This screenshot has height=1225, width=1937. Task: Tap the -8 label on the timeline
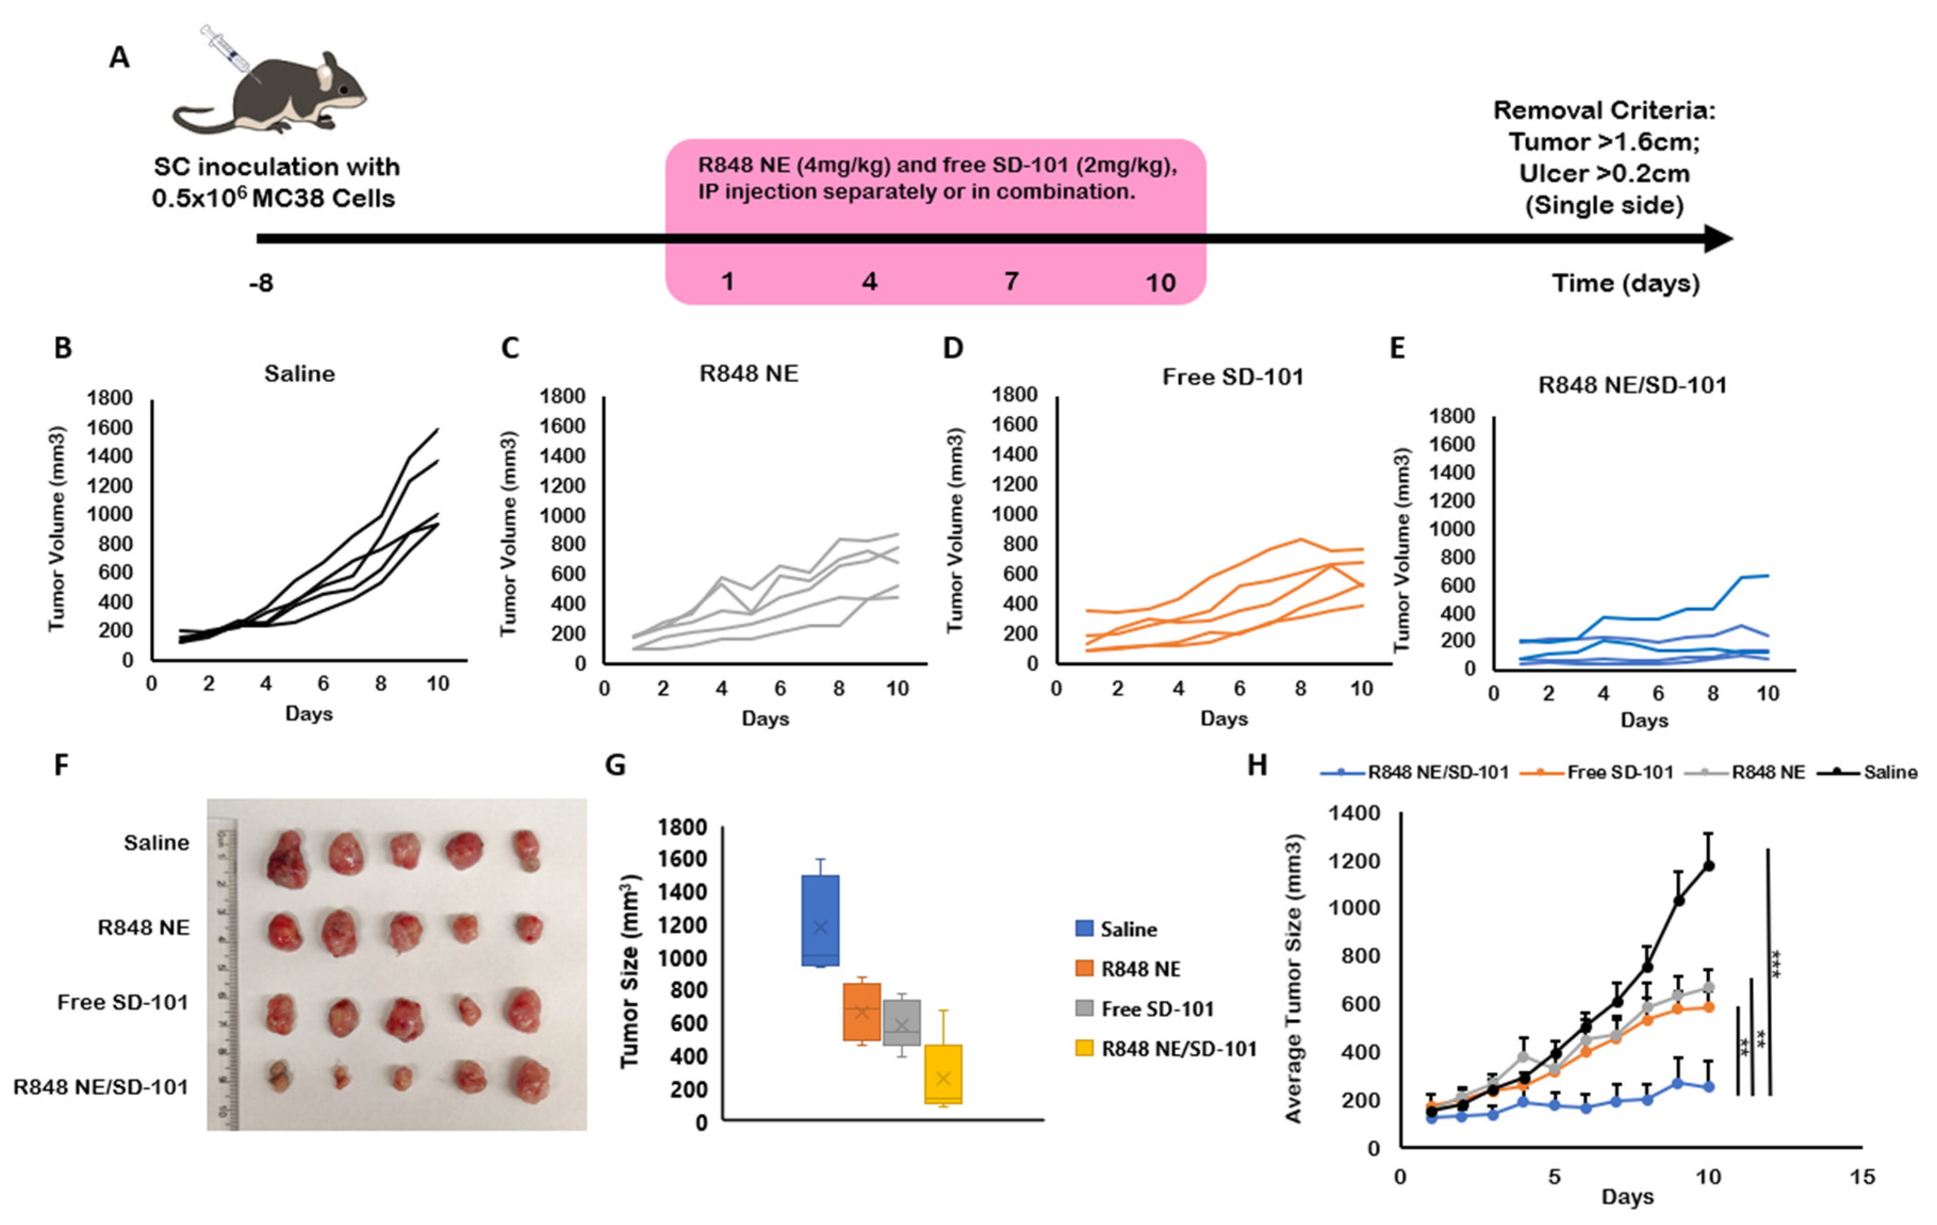(261, 283)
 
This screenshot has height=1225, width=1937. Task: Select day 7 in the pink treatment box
(1011, 282)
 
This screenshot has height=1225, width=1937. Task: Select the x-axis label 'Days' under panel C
(765, 718)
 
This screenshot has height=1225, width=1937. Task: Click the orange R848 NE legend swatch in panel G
(1084, 969)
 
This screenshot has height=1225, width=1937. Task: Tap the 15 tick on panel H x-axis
(1862, 1178)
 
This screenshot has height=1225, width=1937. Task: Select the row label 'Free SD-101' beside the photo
(123, 1002)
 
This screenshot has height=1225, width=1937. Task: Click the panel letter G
(615, 764)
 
